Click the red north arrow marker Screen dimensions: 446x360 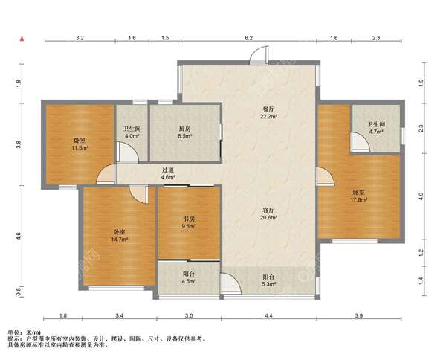(22, 39)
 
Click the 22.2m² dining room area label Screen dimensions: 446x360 (268, 113)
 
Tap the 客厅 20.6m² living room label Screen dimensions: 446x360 (268, 214)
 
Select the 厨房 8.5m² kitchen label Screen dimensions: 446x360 (185, 132)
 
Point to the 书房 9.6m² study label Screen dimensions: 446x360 (189, 222)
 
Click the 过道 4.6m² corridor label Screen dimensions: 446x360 (168, 173)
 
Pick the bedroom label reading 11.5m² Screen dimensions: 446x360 (80, 144)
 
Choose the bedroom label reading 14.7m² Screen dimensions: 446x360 (120, 235)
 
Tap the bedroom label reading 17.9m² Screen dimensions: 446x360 (359, 196)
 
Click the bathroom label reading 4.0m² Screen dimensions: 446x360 (132, 132)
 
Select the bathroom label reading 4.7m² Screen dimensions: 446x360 (377, 128)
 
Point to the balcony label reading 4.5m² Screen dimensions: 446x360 (189, 277)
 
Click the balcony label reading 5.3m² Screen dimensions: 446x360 (269, 280)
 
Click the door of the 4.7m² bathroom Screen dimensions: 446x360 (360, 141)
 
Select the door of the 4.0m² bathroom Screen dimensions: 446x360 (128, 152)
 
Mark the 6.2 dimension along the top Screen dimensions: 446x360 (249, 38)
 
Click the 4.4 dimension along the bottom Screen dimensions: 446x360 (269, 315)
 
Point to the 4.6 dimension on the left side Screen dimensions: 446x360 (19, 236)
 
